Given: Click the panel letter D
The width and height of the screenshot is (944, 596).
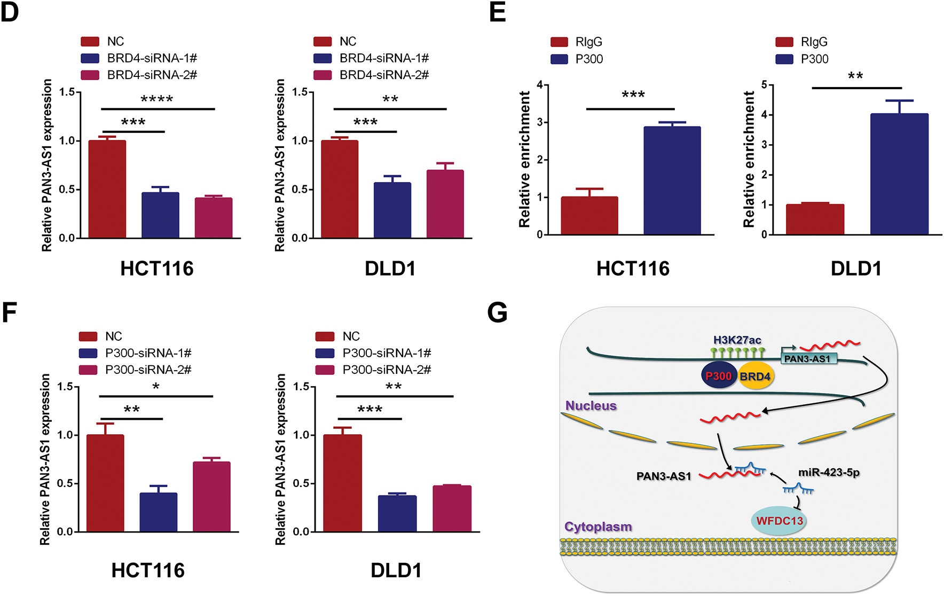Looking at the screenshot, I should [x=10, y=12].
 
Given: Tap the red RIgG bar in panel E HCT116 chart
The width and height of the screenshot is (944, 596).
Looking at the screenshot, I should [x=589, y=216].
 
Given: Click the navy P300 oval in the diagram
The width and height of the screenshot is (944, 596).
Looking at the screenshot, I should [x=719, y=376].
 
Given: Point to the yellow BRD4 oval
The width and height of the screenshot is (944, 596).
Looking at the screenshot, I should [x=756, y=377].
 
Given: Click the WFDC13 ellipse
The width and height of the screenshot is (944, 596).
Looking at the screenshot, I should [x=779, y=521].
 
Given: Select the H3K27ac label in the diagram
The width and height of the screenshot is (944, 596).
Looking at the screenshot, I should [x=737, y=340].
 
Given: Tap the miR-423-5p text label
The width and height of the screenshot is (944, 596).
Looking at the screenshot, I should [x=829, y=473].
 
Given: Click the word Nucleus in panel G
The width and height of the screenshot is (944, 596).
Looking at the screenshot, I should [x=591, y=406].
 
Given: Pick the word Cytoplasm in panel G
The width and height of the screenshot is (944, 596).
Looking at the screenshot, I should [x=598, y=527].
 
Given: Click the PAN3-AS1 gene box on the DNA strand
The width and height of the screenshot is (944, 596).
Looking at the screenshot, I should [x=807, y=359].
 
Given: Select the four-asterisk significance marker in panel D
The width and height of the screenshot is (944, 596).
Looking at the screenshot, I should [x=156, y=99].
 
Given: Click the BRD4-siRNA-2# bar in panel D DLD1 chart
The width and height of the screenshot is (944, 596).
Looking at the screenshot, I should [x=445, y=204].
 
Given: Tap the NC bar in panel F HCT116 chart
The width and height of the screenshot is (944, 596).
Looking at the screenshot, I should [x=105, y=483].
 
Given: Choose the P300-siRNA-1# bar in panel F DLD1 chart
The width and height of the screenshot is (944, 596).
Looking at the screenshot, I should [x=397, y=514].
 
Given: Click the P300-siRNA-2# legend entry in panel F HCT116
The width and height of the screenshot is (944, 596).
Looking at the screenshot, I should [x=147, y=370].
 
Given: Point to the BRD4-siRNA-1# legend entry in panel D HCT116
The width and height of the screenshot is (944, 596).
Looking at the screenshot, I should [x=152, y=58].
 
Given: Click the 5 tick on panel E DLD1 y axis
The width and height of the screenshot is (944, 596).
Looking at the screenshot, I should [x=764, y=85].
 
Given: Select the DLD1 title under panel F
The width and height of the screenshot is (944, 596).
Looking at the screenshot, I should [x=396, y=570].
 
